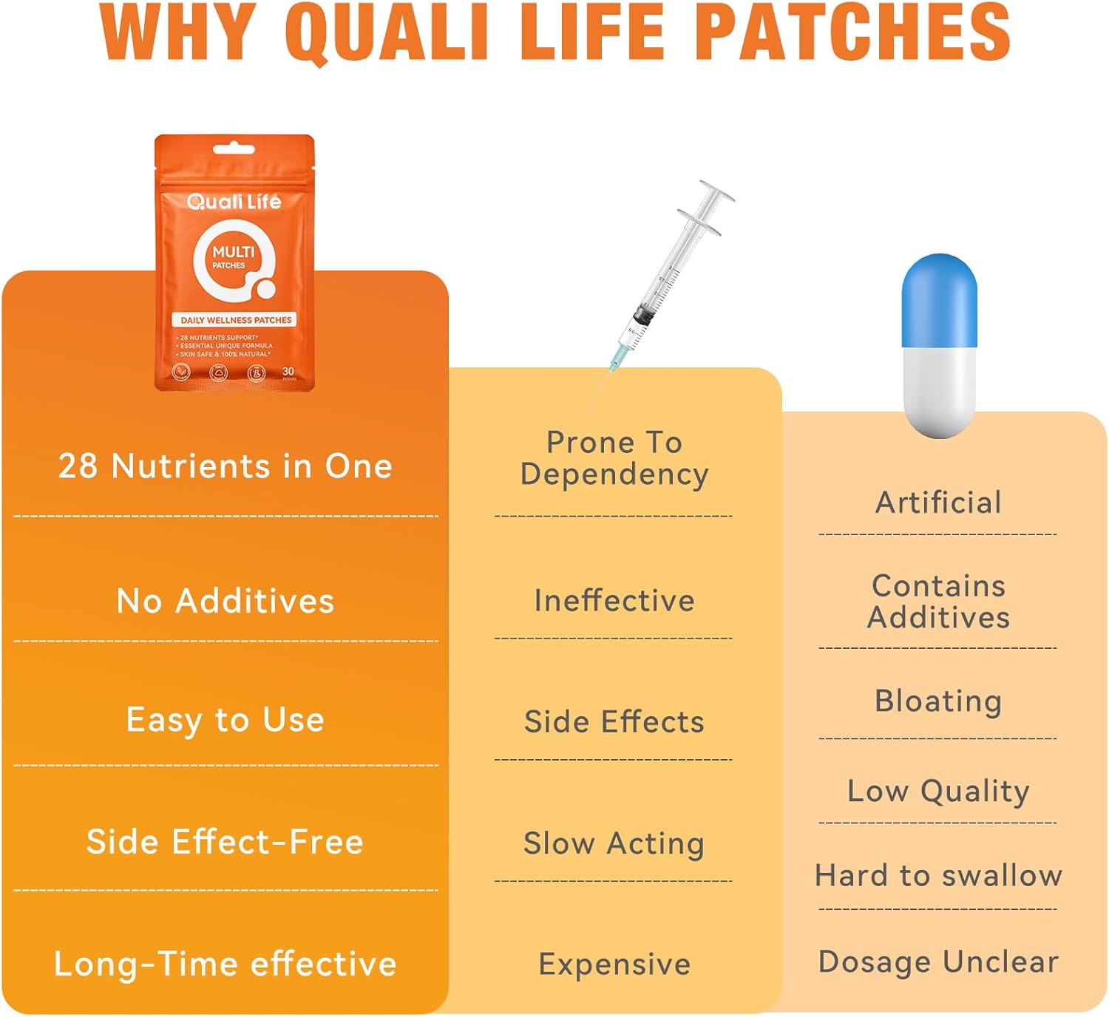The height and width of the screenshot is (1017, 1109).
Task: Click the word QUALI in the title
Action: pyautogui.click(x=387, y=33)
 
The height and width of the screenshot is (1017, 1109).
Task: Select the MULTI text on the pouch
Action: pyautogui.click(x=233, y=252)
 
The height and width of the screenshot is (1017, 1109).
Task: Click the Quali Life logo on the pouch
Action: pyautogui.click(x=234, y=202)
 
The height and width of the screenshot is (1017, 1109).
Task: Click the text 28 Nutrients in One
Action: pyautogui.click(x=225, y=466)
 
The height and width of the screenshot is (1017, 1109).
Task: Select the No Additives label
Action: pyautogui.click(x=225, y=601)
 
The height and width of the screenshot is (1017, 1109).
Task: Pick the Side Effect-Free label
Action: pyautogui.click(x=225, y=842)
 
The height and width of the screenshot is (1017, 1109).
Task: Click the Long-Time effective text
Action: pyautogui.click(x=225, y=964)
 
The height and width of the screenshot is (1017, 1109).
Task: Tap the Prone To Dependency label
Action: pyautogui.click(x=614, y=458)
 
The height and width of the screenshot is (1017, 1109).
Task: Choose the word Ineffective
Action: pyautogui.click(x=614, y=600)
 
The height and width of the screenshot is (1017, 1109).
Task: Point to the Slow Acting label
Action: pyautogui.click(x=614, y=843)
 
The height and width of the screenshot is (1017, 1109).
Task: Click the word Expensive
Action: pyautogui.click(x=614, y=964)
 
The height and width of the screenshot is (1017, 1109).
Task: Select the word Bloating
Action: pyautogui.click(x=937, y=701)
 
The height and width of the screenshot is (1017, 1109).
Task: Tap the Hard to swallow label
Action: pyautogui.click(x=937, y=875)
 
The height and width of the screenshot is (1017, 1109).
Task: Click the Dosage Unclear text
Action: pyautogui.click(x=937, y=962)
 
